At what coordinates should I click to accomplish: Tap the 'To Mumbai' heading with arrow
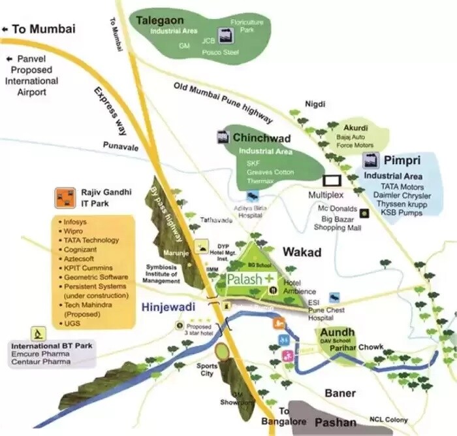click(39, 29)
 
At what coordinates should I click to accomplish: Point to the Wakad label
click(302, 252)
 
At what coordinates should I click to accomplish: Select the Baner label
click(340, 393)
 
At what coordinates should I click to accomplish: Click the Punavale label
click(121, 148)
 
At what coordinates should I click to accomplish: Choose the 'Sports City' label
click(207, 370)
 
